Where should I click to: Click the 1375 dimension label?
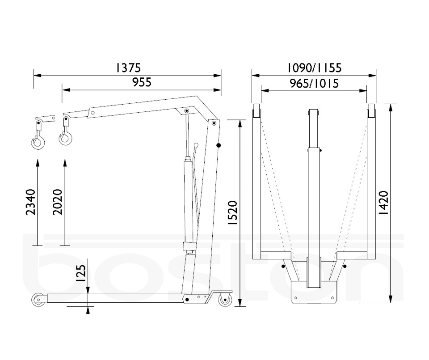(x=128, y=68)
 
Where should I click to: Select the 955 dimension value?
(x=142, y=82)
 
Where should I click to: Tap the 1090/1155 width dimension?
(x=314, y=68)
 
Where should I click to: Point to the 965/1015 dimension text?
(x=314, y=83)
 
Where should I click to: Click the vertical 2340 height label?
(x=31, y=202)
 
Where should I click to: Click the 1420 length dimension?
(x=383, y=203)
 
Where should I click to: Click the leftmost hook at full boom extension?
(x=38, y=143)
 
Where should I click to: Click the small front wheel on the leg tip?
(x=38, y=299)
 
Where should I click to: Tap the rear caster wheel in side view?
(x=226, y=300)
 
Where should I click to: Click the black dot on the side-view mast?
(x=219, y=145)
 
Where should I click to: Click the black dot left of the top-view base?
(x=283, y=267)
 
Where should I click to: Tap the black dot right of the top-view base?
(x=345, y=267)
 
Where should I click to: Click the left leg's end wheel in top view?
(x=257, y=110)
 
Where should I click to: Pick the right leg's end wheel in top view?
(x=371, y=110)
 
